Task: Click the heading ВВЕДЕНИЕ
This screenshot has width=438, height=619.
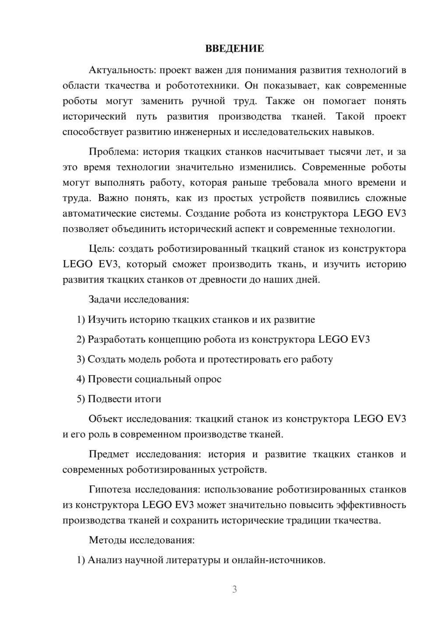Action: pos(234,49)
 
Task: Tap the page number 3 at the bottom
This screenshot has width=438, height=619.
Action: pos(234,589)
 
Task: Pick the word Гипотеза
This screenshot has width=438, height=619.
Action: pos(109,489)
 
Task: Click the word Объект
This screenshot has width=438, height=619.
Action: pos(106,419)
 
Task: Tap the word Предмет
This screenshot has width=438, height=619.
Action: pos(109,454)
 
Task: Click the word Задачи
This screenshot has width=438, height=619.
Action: pos(105,300)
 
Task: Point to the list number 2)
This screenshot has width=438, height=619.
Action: pos(81,340)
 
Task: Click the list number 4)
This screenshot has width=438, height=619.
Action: pos(81,379)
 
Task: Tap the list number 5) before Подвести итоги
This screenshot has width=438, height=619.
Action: pos(81,399)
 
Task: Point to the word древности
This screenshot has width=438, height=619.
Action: pos(223,280)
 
